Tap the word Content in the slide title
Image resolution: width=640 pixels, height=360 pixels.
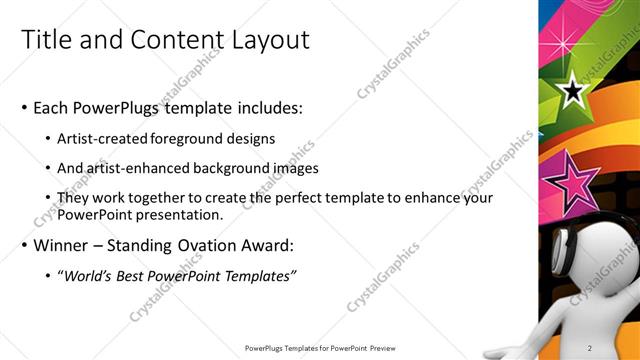[169, 40]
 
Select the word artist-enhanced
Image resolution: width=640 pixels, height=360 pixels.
[139, 169]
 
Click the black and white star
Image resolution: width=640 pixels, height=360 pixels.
[572, 93]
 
